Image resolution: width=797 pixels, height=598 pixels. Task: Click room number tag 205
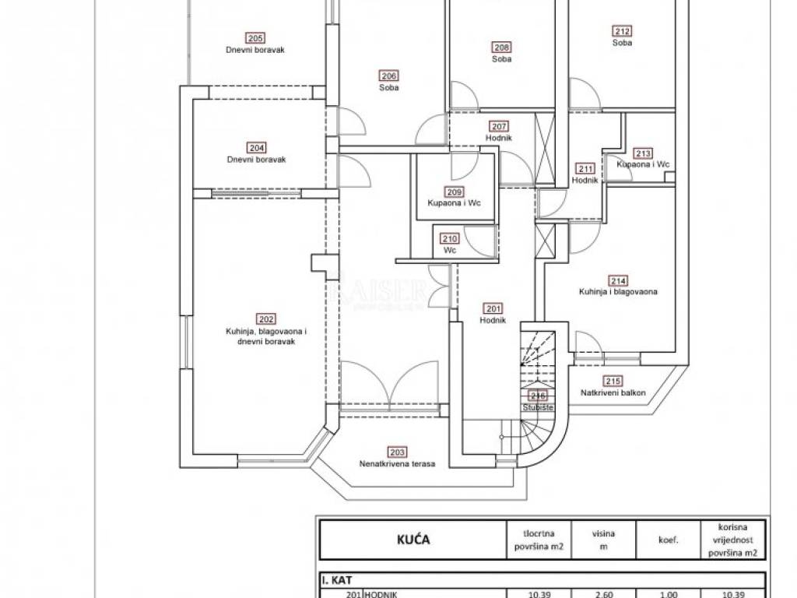click(x=255, y=38)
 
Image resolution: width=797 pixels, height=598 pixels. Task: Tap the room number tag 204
click(x=256, y=148)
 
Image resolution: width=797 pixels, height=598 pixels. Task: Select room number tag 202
click(x=266, y=318)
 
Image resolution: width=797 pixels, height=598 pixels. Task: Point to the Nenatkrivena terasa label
click(x=397, y=463)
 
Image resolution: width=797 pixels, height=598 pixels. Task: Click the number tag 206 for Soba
click(x=389, y=76)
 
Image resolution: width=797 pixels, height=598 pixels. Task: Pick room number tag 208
click(x=502, y=47)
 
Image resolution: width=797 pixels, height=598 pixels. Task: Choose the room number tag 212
click(x=622, y=32)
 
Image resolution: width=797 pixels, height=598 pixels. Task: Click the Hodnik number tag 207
click(x=499, y=127)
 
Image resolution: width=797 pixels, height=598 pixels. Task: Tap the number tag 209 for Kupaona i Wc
click(x=454, y=192)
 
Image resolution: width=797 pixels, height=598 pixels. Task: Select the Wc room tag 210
click(x=450, y=240)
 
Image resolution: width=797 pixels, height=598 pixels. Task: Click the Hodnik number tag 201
click(x=493, y=309)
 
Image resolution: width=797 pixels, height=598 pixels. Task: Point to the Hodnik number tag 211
click(x=585, y=169)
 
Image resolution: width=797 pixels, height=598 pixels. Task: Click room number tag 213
click(x=643, y=153)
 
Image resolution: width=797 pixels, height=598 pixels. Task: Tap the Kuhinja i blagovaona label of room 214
click(x=619, y=292)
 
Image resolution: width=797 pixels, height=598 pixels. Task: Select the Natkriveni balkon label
click(x=613, y=393)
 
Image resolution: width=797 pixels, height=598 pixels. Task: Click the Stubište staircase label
click(x=539, y=407)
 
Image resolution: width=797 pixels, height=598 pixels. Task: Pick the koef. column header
click(x=668, y=539)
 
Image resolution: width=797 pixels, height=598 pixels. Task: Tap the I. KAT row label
click(x=338, y=580)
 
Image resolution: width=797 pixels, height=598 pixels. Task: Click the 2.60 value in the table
click(x=603, y=593)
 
